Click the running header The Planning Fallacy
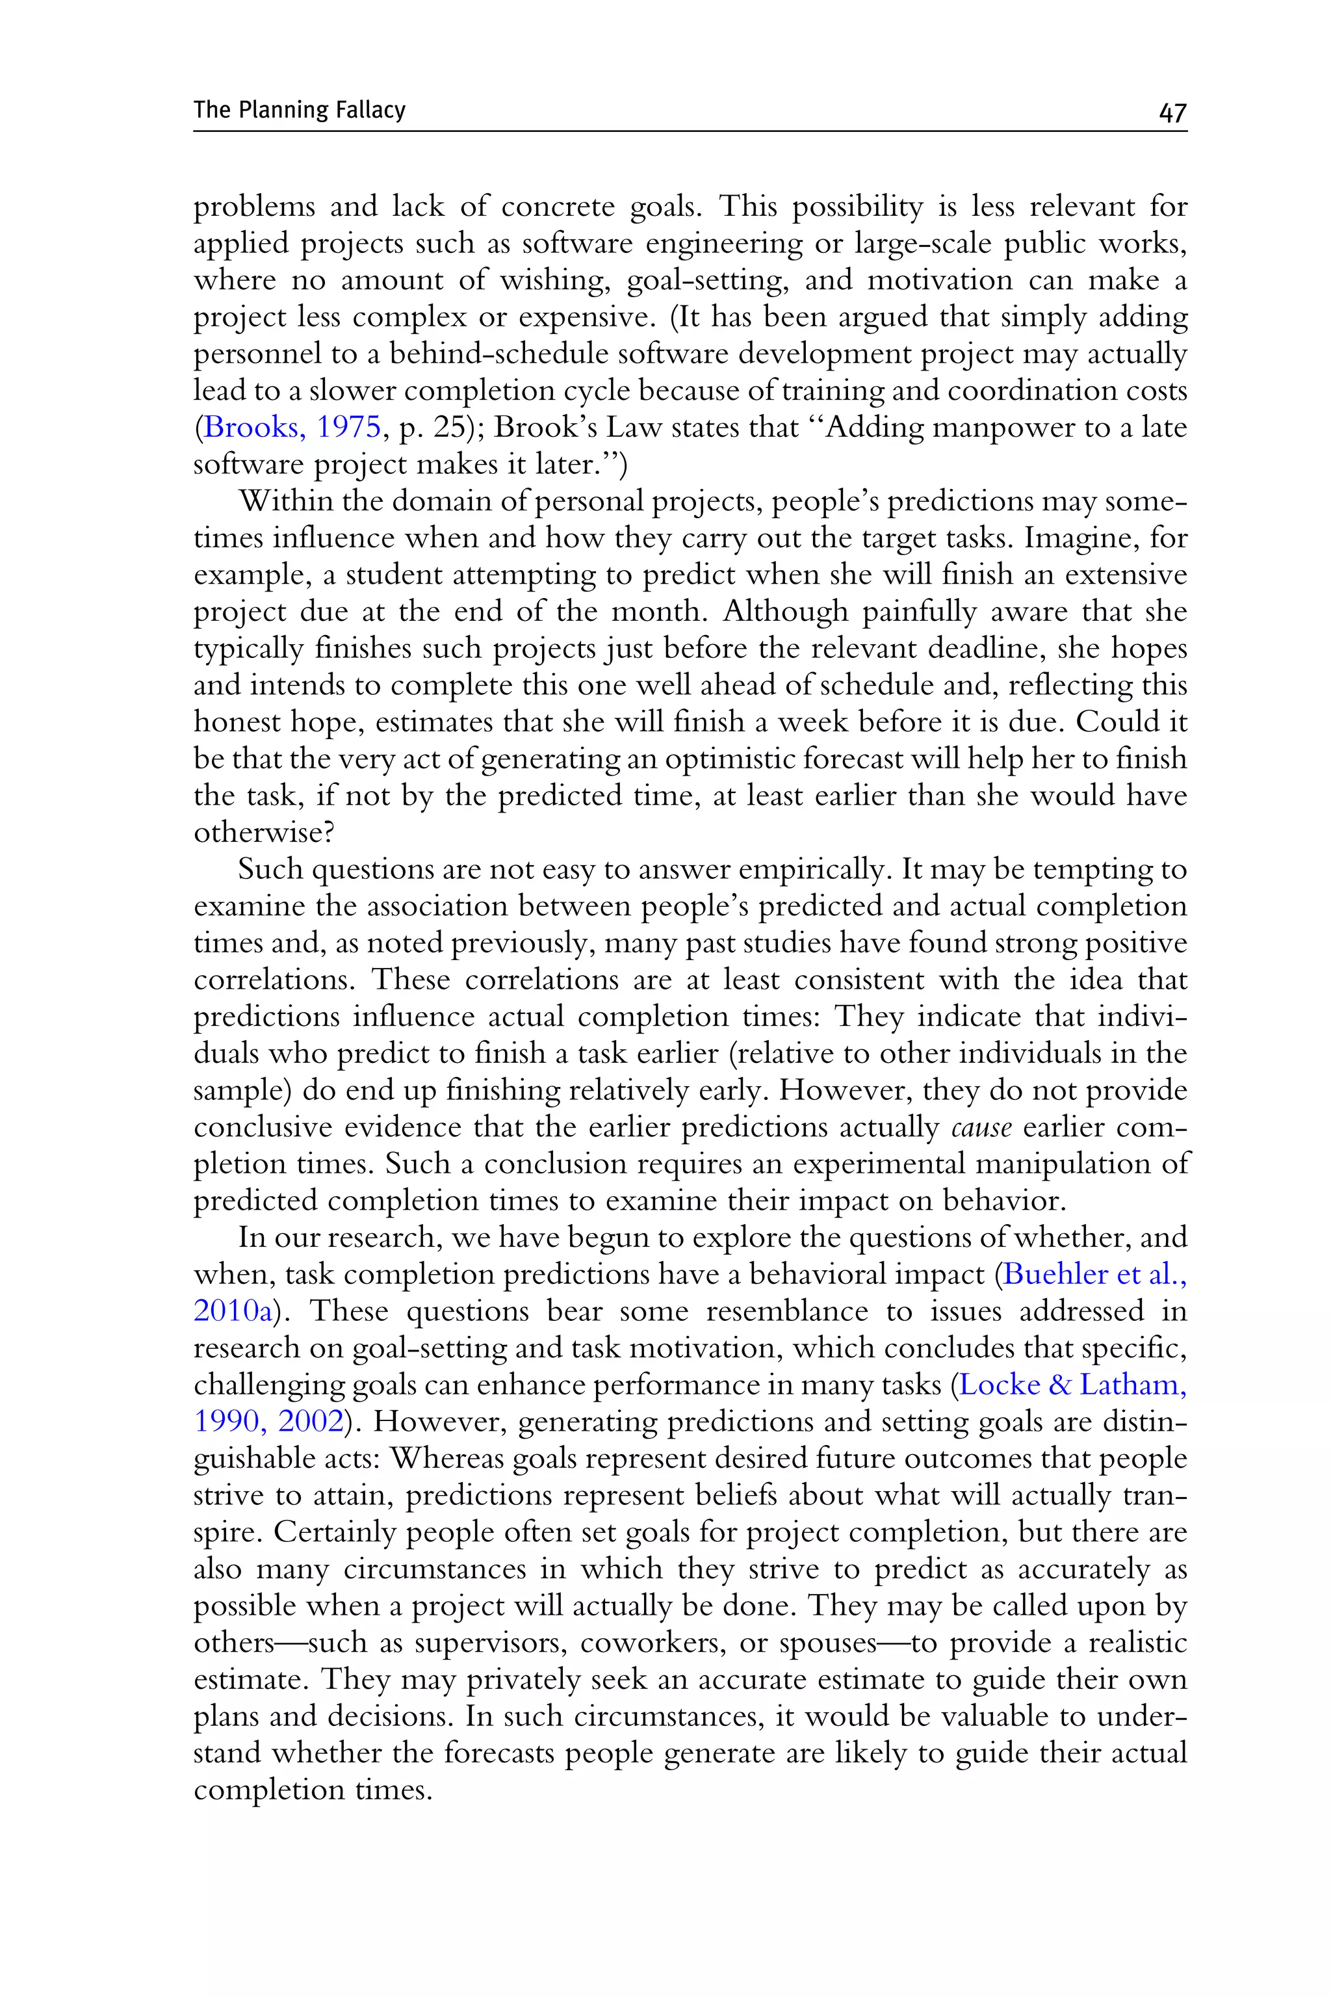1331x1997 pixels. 300,111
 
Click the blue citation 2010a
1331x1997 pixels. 233,1311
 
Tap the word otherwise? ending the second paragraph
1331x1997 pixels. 264,832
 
